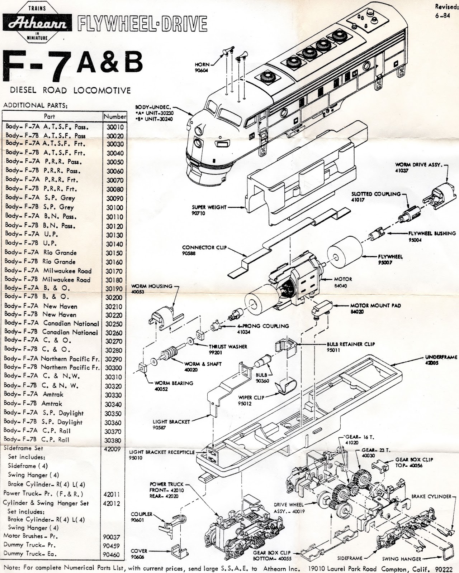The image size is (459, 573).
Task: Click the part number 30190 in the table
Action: click(x=114, y=289)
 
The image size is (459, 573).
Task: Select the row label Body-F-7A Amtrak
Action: click(x=34, y=394)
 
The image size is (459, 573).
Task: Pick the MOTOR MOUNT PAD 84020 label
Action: click(x=375, y=308)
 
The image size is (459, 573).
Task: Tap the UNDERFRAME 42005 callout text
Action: click(x=441, y=360)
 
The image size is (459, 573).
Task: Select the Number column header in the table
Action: click(x=115, y=116)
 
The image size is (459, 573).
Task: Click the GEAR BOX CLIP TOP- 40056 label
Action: click(x=414, y=462)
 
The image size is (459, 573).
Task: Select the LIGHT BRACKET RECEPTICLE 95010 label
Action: click(x=162, y=455)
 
